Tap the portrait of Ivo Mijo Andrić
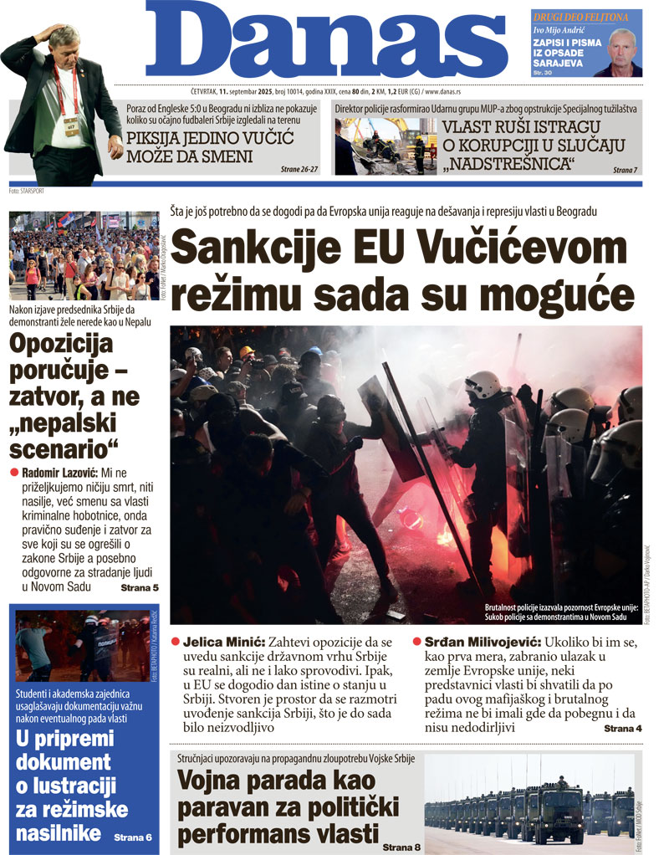[x=622, y=52]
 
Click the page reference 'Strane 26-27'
[x=299, y=169]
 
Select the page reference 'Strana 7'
[x=625, y=170]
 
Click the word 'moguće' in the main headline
[x=557, y=294]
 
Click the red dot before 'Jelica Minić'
[x=176, y=642]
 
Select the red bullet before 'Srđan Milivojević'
[x=417, y=642]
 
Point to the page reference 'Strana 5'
[x=140, y=588]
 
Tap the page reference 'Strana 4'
[x=623, y=729]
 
